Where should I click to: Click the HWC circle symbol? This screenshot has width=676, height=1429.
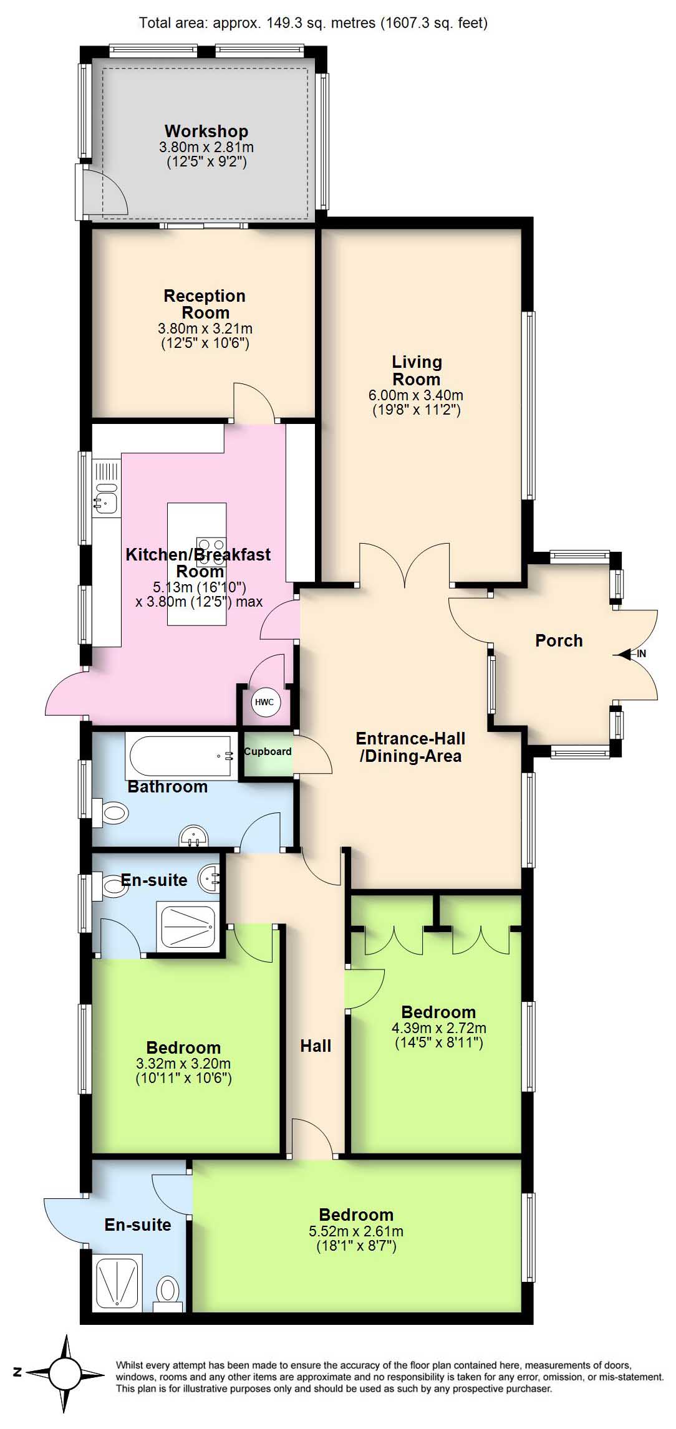pos(265,702)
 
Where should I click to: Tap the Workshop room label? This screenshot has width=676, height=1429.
pos(206,131)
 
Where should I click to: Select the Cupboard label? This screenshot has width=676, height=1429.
pos(268,751)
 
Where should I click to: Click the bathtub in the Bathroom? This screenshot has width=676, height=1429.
pos(181,756)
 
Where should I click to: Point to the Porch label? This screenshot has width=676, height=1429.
pos(559,640)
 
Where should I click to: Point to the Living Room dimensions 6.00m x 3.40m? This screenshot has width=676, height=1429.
pos(416,395)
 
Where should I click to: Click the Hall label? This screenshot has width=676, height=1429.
pos(316,1046)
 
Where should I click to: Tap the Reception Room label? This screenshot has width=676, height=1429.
pos(205,304)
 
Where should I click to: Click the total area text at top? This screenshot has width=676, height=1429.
pos(313,23)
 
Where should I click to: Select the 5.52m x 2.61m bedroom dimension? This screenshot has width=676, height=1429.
pos(356,1231)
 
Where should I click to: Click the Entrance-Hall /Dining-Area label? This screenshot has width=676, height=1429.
pos(411,747)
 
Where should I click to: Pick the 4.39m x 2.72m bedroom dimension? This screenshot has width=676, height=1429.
pos(439,1028)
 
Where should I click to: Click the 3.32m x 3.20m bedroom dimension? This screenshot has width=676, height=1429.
pos(183,1064)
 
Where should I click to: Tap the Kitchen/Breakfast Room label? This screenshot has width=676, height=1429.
pos(198,562)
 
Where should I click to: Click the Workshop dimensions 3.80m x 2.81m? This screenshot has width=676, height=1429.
pos(206,148)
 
